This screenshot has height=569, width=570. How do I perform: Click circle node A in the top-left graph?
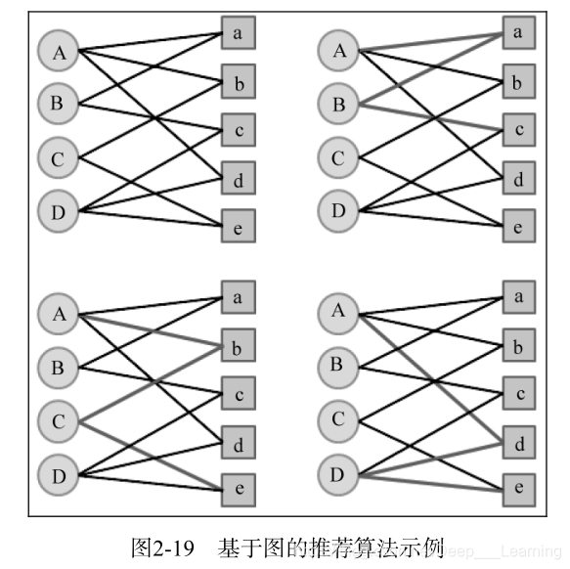click(x=59, y=52)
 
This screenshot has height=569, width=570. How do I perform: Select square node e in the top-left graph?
click(x=238, y=226)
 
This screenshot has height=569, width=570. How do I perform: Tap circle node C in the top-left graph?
click(x=58, y=157)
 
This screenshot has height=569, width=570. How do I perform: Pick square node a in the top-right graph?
click(x=518, y=33)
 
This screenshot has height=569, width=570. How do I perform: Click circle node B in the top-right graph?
click(x=339, y=105)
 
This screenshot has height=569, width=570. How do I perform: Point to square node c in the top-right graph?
click(x=518, y=129)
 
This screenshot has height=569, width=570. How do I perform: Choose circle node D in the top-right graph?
click(x=339, y=209)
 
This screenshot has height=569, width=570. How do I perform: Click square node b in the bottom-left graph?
click(x=238, y=344)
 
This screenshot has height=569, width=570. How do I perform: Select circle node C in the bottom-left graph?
click(x=58, y=421)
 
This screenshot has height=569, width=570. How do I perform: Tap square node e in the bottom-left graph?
click(x=238, y=487)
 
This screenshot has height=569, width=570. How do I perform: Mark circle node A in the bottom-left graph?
click(x=59, y=315)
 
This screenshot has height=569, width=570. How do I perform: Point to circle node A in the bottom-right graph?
click(x=339, y=312)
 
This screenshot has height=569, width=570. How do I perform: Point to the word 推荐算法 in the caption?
click(x=331, y=543)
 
